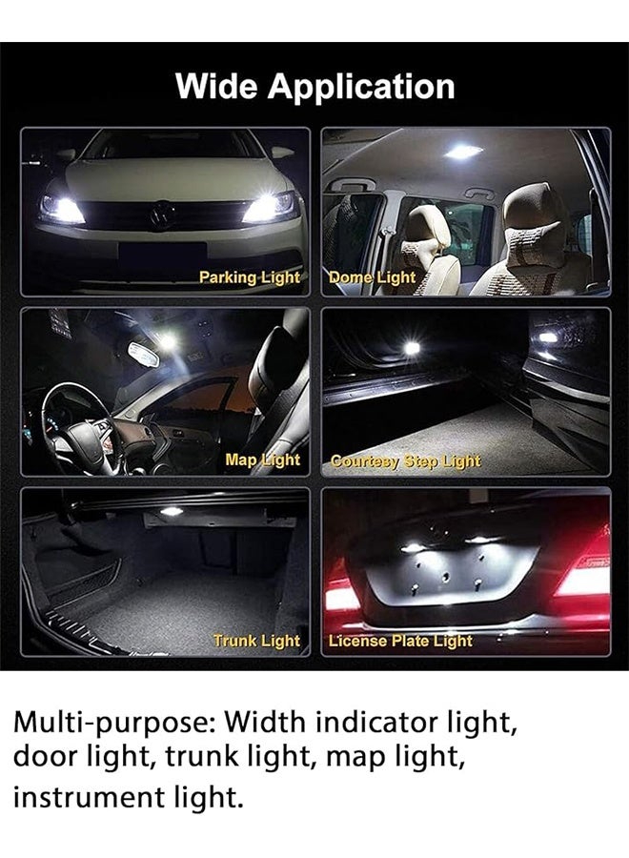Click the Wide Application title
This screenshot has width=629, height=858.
coord(314,87)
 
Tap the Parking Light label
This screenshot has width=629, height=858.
coord(249,277)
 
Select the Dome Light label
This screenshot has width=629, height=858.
coord(372,277)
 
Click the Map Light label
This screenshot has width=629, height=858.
coord(262,460)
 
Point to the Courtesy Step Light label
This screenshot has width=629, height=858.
coord(405,460)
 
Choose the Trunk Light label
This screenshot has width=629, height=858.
coord(256,641)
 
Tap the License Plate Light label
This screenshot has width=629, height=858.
coord(400,641)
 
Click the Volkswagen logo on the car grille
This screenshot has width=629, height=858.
coord(159,216)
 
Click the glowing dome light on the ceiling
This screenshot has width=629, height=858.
coord(461,152)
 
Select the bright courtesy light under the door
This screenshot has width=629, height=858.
coord(412,348)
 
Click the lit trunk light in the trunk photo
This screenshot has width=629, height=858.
coord(172,513)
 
